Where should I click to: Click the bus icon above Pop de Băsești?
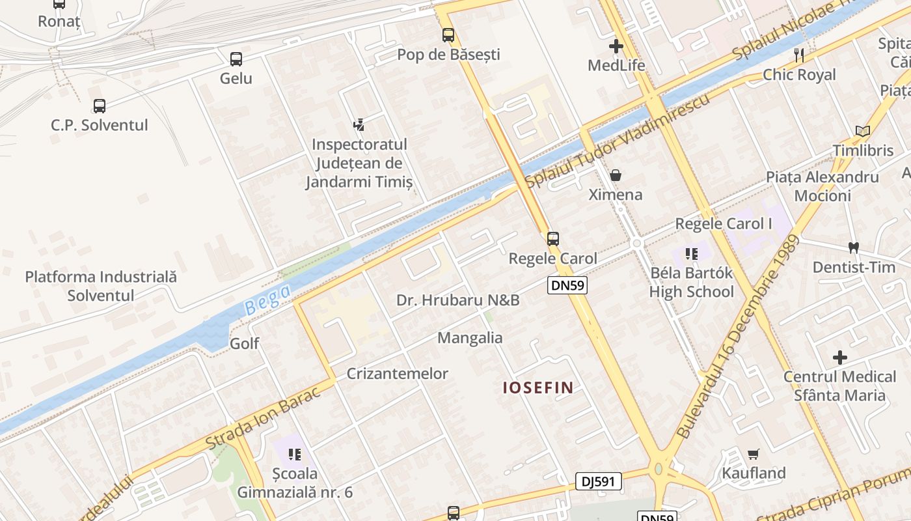coord(448,35)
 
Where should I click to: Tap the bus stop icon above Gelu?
coord(236,59)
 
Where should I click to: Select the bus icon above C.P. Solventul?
coord(100,106)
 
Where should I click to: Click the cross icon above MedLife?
coord(616,46)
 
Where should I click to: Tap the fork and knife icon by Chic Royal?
coord(799,55)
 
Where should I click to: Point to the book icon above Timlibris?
coord(863,132)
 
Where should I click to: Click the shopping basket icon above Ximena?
coord(616,175)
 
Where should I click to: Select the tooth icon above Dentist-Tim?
coord(854,247)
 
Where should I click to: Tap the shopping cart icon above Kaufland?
coord(754,454)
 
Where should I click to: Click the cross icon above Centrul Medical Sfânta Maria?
coord(840,358)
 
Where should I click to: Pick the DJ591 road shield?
coord(599,481)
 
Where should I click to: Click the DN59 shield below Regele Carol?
coord(567,285)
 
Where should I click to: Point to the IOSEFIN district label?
coord(538,388)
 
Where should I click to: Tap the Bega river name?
coord(267,300)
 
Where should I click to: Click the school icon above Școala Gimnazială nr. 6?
coord(295,454)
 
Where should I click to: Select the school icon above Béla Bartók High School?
coord(692,253)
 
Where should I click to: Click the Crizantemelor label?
coord(398,374)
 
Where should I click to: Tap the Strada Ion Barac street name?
coord(263,417)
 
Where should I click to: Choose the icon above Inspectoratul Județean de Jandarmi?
coord(359,124)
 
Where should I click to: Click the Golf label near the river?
coord(245,343)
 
